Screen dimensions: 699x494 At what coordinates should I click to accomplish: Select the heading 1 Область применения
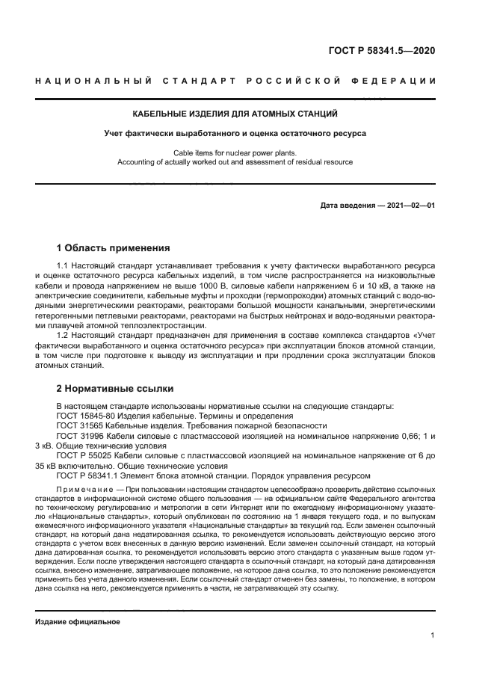(114, 247)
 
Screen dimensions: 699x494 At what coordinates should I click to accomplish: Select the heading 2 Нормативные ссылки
(115, 389)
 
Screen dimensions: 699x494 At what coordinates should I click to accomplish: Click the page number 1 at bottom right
(432, 636)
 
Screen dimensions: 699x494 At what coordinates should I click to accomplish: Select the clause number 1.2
(63, 336)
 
